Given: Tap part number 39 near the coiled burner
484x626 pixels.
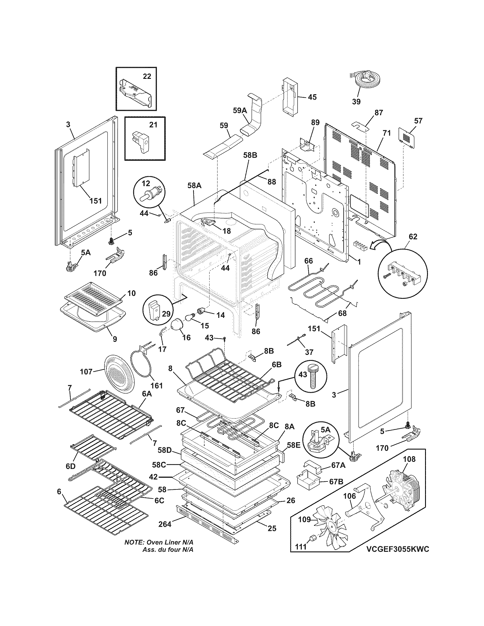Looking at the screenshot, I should coord(356,102).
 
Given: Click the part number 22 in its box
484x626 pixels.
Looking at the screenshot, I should coord(147,76).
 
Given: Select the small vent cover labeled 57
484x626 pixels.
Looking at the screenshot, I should coord(407,138).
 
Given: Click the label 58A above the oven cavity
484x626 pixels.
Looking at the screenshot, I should coord(194,186).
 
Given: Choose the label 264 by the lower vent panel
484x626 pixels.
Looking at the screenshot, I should coord(165,524).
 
